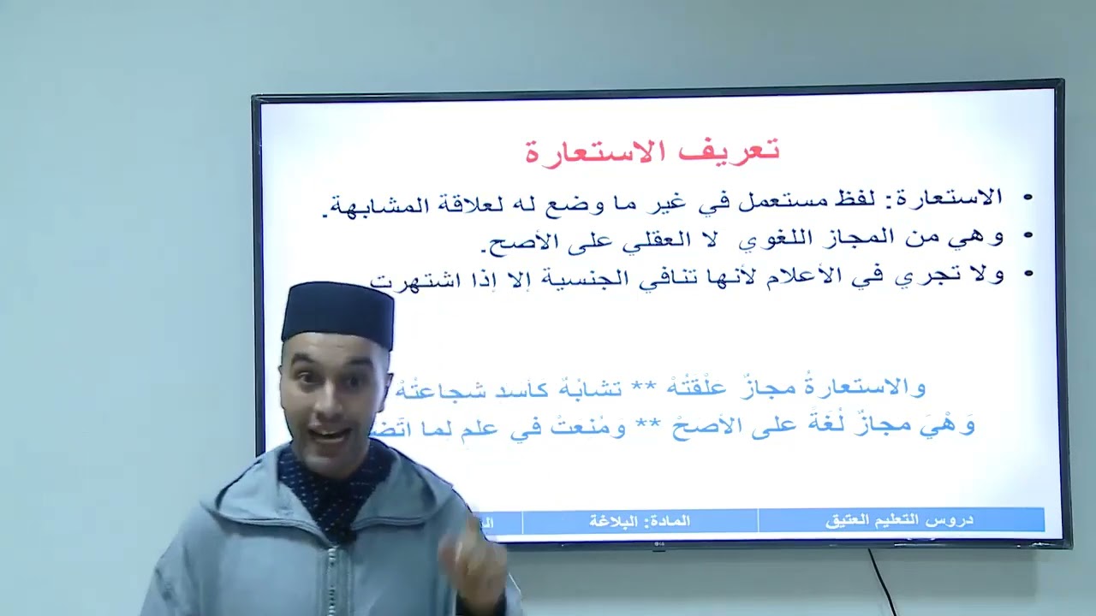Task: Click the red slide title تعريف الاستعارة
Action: click(x=652, y=151)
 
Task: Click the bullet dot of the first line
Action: click(x=1028, y=198)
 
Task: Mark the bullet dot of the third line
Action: click(x=1028, y=275)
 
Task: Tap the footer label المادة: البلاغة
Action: click(x=640, y=520)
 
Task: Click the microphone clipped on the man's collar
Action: click(x=349, y=537)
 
